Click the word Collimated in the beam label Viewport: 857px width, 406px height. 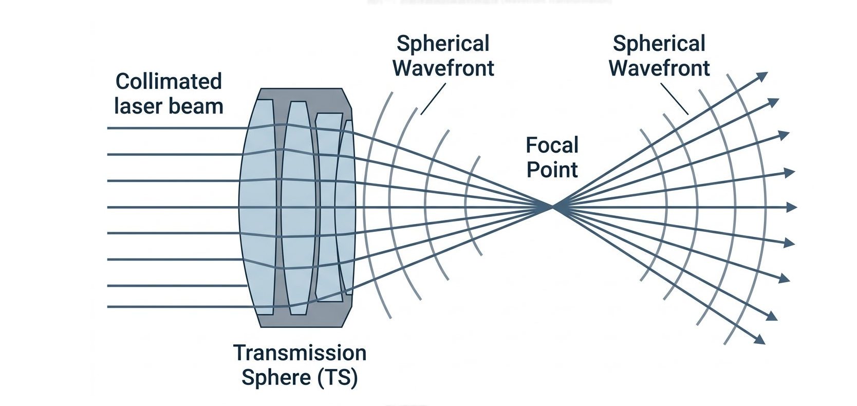(168, 82)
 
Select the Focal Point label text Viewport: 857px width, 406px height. (552, 157)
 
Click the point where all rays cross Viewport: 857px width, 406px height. (552, 207)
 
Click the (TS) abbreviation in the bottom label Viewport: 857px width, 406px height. (337, 378)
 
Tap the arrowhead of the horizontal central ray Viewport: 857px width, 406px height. (792, 208)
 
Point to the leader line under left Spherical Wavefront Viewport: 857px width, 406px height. (433, 99)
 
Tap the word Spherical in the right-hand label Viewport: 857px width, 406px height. (659, 44)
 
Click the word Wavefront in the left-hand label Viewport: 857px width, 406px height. (443, 68)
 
